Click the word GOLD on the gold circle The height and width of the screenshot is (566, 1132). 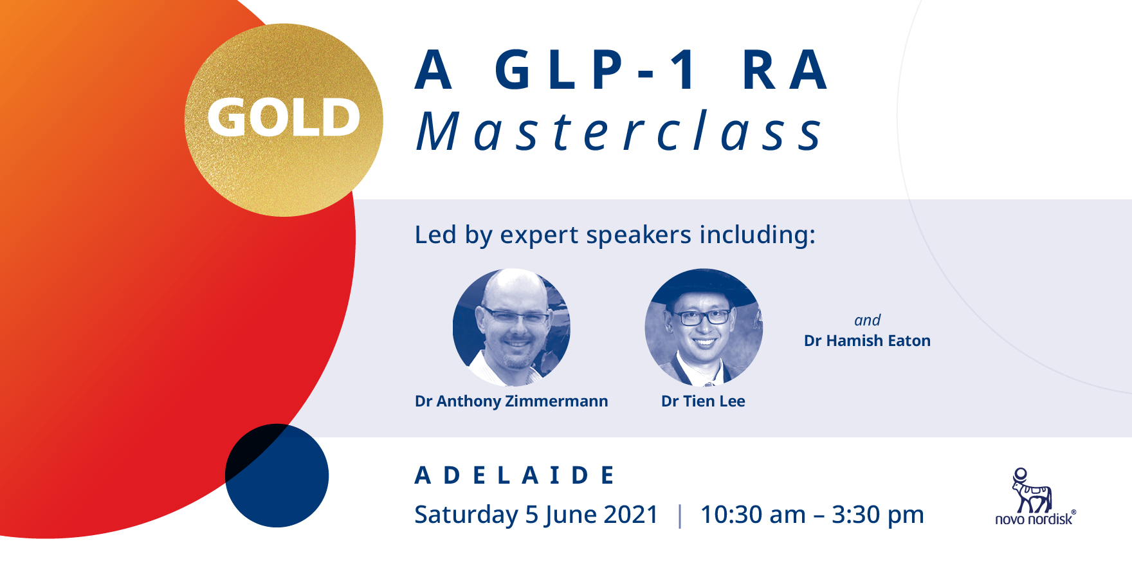[284, 118]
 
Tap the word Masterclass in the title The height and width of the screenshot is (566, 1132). [619, 132]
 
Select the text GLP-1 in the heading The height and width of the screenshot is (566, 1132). [596, 70]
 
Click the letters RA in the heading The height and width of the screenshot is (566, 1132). [785, 70]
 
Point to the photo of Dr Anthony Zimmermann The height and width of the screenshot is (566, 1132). [511, 327]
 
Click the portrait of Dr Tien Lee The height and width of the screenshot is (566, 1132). [704, 327]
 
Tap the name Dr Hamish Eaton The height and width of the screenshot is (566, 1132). [867, 341]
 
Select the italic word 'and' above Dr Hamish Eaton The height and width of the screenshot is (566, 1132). [867, 320]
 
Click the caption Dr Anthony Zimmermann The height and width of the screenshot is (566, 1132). [511, 401]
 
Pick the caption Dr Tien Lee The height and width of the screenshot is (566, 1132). [703, 401]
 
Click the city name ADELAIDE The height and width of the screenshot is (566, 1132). [515, 476]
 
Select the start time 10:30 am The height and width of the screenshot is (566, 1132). [753, 515]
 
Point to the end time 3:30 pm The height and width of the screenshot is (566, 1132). [877, 515]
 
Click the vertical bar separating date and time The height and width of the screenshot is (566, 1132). [680, 516]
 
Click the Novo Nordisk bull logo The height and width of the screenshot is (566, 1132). [1031, 491]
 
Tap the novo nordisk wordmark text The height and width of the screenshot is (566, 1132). [1034, 520]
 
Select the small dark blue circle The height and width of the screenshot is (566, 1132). [277, 476]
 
